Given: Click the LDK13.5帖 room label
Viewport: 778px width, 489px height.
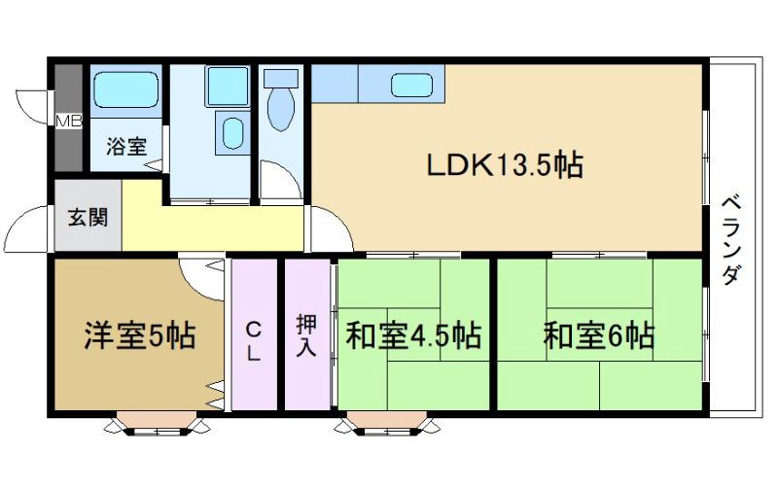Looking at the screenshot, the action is (505, 165).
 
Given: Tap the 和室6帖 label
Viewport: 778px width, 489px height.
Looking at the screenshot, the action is (599, 335).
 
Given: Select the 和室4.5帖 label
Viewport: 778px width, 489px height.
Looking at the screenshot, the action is (413, 335).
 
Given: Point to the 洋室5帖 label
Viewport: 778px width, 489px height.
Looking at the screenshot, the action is (139, 335).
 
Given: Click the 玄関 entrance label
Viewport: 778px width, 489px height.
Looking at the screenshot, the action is (88, 217).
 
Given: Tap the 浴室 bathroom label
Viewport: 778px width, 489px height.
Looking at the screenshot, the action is (126, 146).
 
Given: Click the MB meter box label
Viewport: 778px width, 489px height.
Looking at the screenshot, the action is (69, 121).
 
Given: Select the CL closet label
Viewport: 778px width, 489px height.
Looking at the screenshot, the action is (253, 340).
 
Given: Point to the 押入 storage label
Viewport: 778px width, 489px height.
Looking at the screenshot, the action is (305, 335).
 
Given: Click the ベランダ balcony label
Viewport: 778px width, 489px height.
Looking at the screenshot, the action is (731, 240).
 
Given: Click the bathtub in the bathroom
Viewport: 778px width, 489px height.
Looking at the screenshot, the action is (126, 89).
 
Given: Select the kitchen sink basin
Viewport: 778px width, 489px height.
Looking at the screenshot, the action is (411, 85).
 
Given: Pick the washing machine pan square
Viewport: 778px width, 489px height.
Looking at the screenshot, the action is (228, 86).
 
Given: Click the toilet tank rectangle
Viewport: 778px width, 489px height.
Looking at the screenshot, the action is (281, 78).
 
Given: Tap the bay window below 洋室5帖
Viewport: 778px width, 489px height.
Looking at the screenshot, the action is (157, 423).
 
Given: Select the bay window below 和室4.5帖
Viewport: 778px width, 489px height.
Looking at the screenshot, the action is (387, 423).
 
